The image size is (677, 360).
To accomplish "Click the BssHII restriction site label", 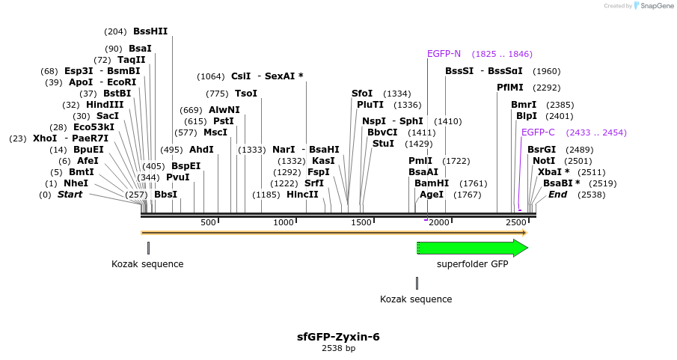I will click(150, 31).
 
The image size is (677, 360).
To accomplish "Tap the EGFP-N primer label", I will click(444, 54).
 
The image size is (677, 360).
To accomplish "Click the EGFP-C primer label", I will click(538, 132).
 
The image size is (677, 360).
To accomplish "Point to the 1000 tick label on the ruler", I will click(283, 222).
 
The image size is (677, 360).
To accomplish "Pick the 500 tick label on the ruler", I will click(208, 222).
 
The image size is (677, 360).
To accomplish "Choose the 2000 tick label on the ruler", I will click(438, 222).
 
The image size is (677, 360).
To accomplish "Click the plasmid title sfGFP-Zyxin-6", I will click(338, 337).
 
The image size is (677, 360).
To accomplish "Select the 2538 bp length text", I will click(338, 348).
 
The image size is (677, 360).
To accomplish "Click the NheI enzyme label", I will click(76, 183).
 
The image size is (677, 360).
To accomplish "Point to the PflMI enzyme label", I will click(510, 88).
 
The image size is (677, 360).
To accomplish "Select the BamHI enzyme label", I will click(432, 183).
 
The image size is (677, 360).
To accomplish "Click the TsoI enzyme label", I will click(246, 94).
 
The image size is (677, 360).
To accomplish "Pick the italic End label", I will click(557, 195).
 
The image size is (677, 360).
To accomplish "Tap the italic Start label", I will click(70, 195).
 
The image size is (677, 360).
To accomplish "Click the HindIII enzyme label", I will click(104, 105).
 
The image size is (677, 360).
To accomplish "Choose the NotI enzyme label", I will click(544, 161).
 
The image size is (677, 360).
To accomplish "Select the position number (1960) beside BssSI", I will click(546, 71).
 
